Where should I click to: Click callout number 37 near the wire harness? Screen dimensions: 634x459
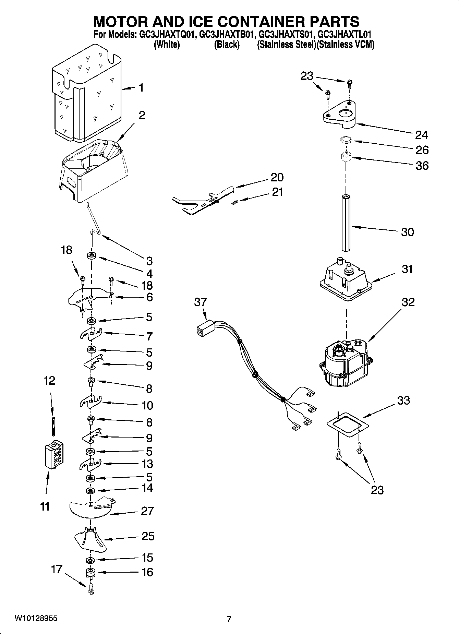click(x=201, y=302)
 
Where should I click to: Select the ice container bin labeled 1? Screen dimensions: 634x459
click(x=86, y=94)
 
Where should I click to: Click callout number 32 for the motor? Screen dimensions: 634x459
click(x=408, y=302)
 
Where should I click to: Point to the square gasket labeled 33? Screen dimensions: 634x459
click(x=348, y=424)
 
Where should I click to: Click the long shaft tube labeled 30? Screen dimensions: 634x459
click(x=347, y=223)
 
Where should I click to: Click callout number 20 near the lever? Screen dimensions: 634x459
click(x=277, y=177)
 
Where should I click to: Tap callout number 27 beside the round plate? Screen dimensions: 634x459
click(x=147, y=511)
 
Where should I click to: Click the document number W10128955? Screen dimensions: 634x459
click(x=36, y=619)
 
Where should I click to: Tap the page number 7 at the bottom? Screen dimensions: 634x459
click(x=229, y=619)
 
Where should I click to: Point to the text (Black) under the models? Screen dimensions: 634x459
click(x=227, y=45)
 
